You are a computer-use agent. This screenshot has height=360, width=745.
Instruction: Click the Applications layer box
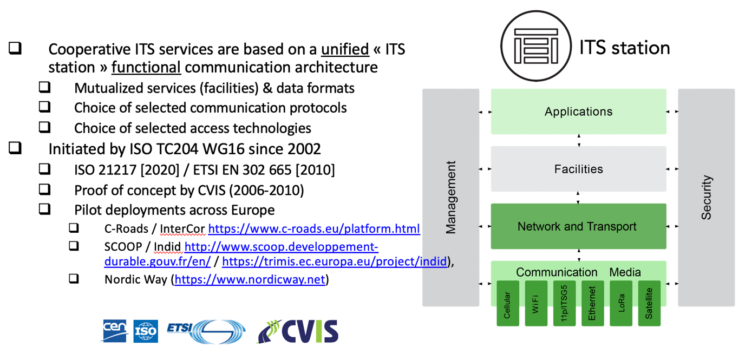click(578, 112)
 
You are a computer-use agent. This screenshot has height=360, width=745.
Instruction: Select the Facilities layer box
click(578, 169)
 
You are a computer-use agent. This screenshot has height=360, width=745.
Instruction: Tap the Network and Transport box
click(578, 226)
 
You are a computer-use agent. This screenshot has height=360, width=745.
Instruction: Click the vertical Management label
click(450, 198)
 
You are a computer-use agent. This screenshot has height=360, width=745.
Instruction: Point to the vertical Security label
click(706, 198)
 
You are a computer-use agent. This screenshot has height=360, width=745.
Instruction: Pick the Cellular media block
click(507, 303)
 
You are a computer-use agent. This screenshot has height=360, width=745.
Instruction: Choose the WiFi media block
click(536, 303)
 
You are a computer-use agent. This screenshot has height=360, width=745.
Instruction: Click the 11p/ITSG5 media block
click(564, 303)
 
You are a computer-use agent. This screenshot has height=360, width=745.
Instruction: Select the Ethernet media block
click(592, 303)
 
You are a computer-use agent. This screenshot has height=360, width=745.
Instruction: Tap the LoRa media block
click(621, 303)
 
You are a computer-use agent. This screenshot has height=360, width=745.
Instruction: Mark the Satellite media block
click(649, 303)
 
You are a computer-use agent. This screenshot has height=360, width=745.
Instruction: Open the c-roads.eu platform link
click(314, 228)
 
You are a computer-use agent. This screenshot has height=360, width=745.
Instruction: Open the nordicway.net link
click(250, 279)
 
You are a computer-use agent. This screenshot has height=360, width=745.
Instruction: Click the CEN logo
click(115, 331)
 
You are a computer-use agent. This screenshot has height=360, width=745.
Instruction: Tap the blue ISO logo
click(146, 331)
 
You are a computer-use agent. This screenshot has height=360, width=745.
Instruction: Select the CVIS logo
click(298, 331)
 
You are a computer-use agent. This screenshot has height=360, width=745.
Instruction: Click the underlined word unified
click(345, 49)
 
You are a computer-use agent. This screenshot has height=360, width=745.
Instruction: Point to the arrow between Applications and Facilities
click(579, 140)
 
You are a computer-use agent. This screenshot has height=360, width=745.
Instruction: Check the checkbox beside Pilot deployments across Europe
click(44, 209)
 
